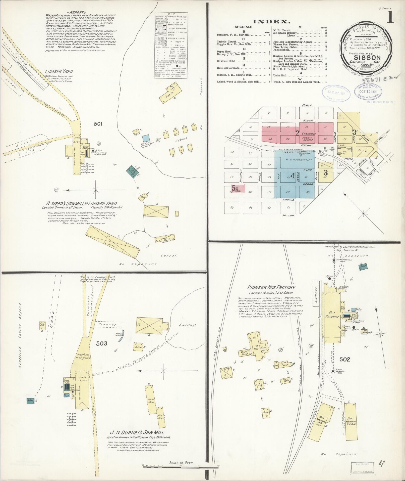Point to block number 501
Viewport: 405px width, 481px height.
[98, 123]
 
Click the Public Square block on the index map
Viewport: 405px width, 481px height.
[307, 139]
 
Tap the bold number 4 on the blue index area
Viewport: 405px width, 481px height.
[293, 176]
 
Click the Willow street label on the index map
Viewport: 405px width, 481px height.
[288, 215]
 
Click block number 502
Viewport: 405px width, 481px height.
[344, 360]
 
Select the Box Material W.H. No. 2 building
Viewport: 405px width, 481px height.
[351, 422]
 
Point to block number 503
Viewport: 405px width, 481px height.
[101, 343]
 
